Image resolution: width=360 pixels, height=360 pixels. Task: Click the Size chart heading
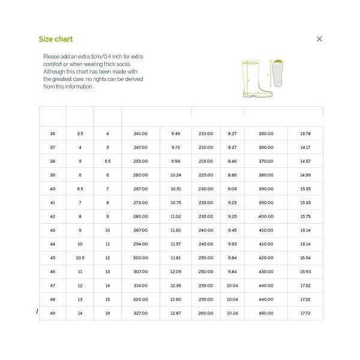point(56,39)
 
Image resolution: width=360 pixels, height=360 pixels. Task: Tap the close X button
point(319,39)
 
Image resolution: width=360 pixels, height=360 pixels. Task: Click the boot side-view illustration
point(254,78)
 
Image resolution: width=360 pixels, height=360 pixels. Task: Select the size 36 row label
point(52,133)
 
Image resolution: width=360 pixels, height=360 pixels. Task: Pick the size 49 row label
point(52,313)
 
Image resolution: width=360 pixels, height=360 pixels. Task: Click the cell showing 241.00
point(140,133)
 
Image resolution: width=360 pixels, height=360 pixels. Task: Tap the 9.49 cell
point(175,133)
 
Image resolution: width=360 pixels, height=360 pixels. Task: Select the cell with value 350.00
point(266,133)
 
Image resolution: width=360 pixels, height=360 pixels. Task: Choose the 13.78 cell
point(305,133)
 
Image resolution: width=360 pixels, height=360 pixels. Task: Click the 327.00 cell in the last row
point(140,313)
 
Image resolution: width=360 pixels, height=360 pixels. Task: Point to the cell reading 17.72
point(305,313)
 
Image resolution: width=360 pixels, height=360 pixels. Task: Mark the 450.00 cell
point(266,313)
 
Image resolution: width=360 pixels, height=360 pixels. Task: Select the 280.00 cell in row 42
point(140,216)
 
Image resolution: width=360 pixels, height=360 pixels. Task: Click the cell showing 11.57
point(175,244)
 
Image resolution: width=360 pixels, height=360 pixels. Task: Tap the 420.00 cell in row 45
point(266,258)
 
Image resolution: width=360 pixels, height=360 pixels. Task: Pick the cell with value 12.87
point(175,313)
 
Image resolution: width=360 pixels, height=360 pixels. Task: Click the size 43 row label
point(52,230)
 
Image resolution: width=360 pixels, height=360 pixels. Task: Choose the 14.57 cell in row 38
point(305,161)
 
